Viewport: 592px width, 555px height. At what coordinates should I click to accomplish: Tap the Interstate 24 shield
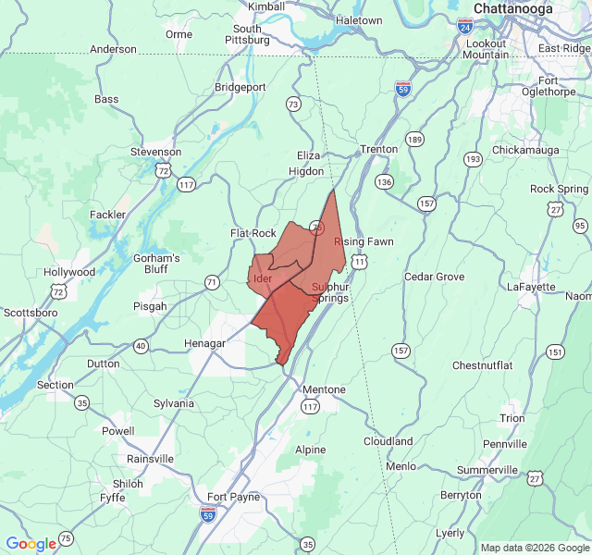464,26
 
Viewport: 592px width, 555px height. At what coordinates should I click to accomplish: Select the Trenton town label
379,149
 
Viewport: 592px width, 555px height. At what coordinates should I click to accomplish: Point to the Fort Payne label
233,497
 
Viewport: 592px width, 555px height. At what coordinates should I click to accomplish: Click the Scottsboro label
31,313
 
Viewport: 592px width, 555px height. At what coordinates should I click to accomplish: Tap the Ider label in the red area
262,277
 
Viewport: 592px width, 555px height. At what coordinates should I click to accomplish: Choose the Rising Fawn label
364,241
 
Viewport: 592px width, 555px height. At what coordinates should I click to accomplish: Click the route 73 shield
293,104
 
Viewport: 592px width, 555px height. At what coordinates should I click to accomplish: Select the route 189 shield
414,140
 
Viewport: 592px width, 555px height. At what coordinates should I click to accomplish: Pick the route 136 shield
383,181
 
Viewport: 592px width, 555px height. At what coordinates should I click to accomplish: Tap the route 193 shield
473,159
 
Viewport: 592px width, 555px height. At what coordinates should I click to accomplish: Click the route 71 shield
212,281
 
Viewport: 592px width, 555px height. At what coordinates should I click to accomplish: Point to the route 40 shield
141,346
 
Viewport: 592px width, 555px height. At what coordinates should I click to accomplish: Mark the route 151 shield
554,351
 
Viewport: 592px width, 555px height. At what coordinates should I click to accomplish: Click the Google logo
31,544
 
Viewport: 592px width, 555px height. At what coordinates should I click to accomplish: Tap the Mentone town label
324,389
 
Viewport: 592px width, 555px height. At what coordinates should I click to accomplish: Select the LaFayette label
531,287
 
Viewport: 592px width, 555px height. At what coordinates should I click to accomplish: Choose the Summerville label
487,470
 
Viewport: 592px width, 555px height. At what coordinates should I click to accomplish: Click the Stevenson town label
155,152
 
